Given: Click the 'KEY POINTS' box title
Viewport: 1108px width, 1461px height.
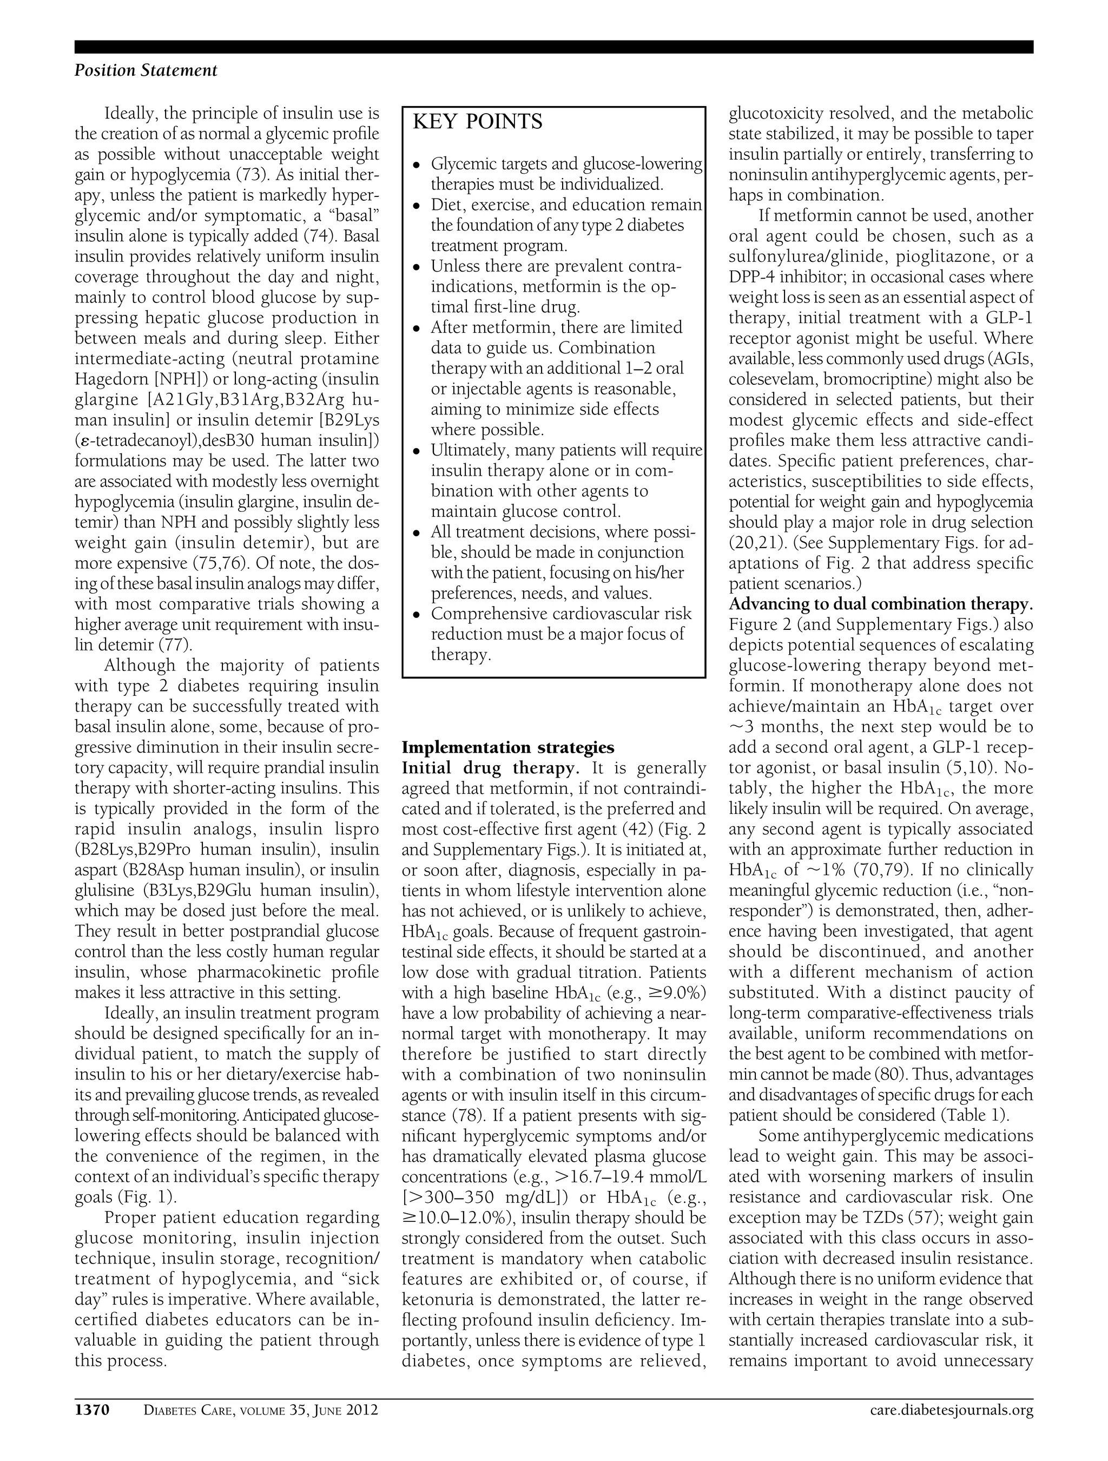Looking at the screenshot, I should tap(477, 122).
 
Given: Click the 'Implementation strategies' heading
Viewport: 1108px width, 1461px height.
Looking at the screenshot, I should tap(508, 747).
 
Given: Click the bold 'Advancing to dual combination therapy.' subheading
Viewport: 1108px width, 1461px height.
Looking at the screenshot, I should tap(880, 604).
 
